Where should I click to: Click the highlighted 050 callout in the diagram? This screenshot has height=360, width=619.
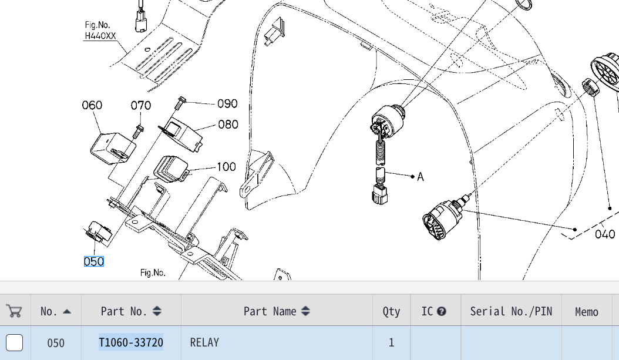[94, 261]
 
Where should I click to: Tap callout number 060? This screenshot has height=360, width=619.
[92, 105]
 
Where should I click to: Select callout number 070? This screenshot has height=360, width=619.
[141, 105]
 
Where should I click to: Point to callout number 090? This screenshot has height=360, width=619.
[227, 104]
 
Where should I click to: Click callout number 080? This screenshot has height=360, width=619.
[228, 125]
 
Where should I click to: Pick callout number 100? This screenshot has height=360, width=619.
[226, 167]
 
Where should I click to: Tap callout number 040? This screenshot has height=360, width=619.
[605, 234]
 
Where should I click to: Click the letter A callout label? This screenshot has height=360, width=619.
[420, 177]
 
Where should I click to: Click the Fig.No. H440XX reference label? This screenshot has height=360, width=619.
[100, 31]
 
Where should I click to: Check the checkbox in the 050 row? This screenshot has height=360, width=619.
[14, 342]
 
